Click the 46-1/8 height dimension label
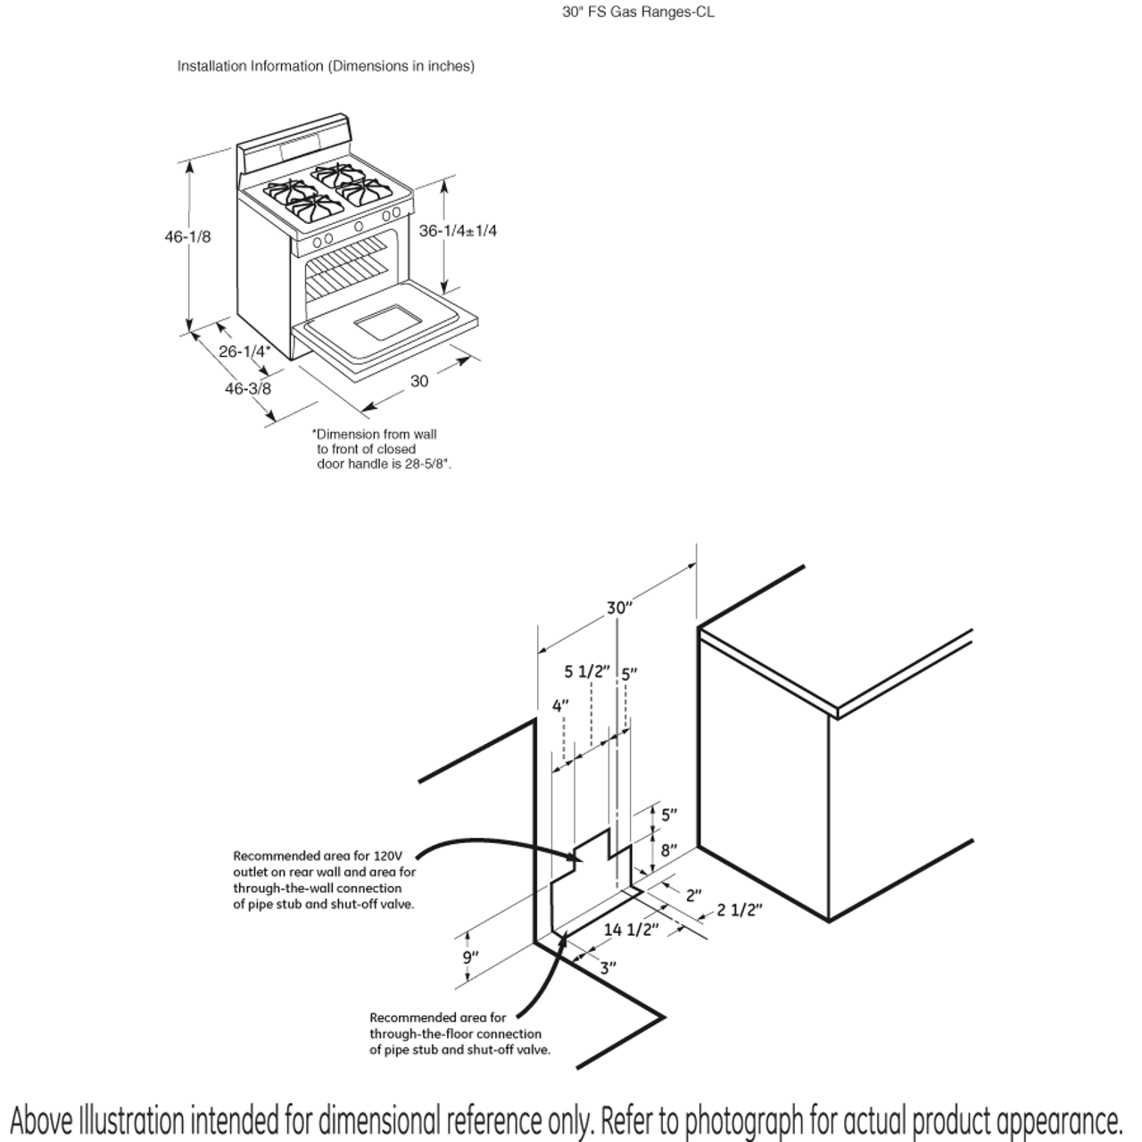click(x=187, y=236)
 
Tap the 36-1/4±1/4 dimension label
click(x=458, y=230)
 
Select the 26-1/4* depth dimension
click(x=244, y=352)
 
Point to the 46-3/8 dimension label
click(x=247, y=388)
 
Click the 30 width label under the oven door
click(x=418, y=381)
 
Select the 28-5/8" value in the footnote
click(x=428, y=465)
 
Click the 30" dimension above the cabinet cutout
click(x=619, y=608)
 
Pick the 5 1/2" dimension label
click(x=585, y=671)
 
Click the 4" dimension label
click(x=560, y=706)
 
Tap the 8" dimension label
click(x=669, y=850)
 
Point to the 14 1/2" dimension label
click(x=631, y=930)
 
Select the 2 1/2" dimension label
click(x=740, y=910)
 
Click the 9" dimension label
click(x=470, y=957)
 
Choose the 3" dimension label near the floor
click(x=608, y=967)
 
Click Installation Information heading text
click(x=250, y=66)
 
